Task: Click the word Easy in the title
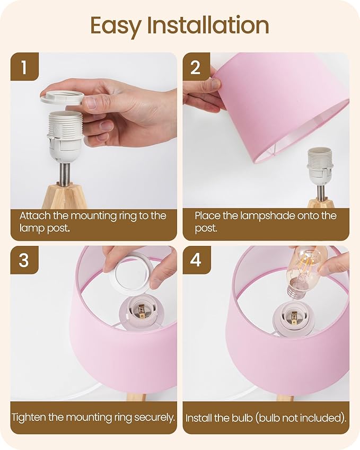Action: point(117,25)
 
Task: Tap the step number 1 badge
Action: point(24,67)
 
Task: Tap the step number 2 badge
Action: point(196,67)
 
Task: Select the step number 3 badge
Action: point(24,260)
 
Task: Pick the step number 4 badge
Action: point(196,260)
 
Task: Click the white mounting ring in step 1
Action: point(62,98)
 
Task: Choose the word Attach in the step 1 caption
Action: point(34,216)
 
